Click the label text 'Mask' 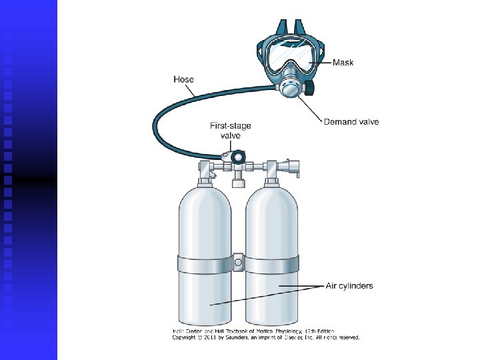coord(343,63)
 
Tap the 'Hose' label coord(183,79)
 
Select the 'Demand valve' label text coord(351,122)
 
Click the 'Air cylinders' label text coord(349,286)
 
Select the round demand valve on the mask coord(290,87)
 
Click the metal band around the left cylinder coord(204,265)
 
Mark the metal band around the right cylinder coord(273,265)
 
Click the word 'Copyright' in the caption coord(185,337)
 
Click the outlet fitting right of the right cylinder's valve coord(291,166)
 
